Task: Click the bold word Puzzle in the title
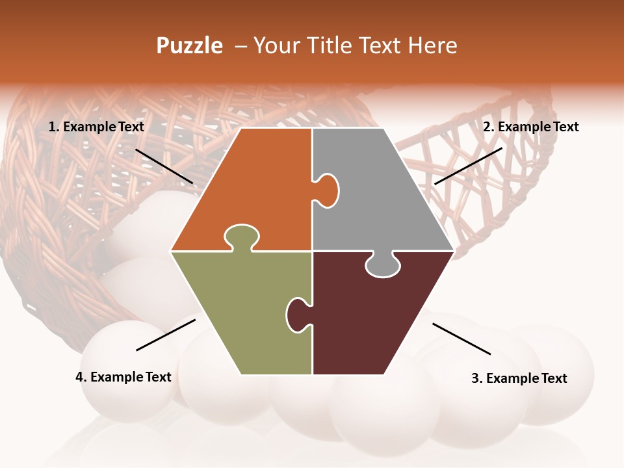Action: coord(189,45)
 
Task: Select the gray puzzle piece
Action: coord(377,195)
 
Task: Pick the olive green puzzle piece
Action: coord(240,312)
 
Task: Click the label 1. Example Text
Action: coord(96,127)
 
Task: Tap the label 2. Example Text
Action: coord(530,127)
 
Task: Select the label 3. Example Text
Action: coord(519,378)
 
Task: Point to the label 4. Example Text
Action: coord(123,377)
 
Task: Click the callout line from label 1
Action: coord(164,166)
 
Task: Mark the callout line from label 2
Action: coord(468,166)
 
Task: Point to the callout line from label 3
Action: coord(461,339)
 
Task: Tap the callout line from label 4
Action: coord(166,335)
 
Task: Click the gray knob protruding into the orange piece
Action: coord(328,190)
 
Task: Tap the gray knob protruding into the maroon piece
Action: coord(382,265)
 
